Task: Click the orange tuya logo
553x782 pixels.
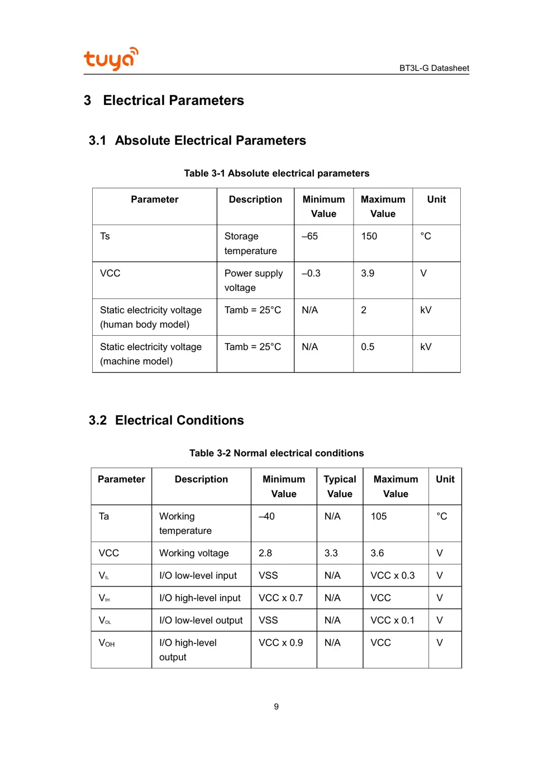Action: (x=111, y=59)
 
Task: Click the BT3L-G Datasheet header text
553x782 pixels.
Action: (x=434, y=68)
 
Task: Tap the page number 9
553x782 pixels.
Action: (x=276, y=707)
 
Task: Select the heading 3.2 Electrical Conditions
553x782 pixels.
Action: (x=166, y=420)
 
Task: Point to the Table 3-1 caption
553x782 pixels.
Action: (x=276, y=173)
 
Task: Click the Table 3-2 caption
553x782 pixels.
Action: (x=276, y=453)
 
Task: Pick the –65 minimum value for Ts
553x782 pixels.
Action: (x=310, y=236)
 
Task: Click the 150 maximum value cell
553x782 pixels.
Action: (x=369, y=236)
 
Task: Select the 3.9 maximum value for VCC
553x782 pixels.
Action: (x=368, y=273)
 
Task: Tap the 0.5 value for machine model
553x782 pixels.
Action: (x=368, y=347)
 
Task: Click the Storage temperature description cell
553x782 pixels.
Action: (x=250, y=244)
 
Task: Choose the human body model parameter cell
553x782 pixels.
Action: (x=151, y=317)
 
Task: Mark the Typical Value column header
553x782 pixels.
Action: (x=340, y=487)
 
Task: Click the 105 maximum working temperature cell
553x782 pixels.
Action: (x=379, y=516)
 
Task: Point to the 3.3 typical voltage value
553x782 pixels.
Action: (x=331, y=553)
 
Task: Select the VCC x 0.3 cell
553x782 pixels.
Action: (x=393, y=575)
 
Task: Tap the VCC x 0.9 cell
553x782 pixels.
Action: (x=281, y=642)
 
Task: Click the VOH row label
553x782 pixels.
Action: (x=107, y=643)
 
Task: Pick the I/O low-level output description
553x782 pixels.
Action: (x=201, y=620)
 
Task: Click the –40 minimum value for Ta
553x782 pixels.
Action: (x=267, y=516)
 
